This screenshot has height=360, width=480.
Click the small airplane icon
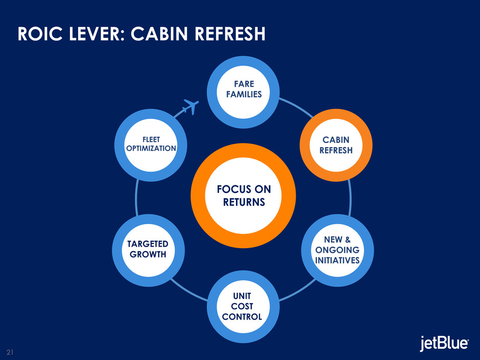[x=189, y=108]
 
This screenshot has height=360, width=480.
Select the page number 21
[x=10, y=352]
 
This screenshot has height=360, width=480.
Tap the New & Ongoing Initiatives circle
[x=337, y=250]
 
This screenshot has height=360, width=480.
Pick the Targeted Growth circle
[x=148, y=249]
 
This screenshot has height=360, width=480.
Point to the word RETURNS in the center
[x=244, y=202]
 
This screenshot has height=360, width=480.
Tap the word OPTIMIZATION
[x=151, y=148]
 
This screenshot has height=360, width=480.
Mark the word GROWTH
[x=148, y=254]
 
